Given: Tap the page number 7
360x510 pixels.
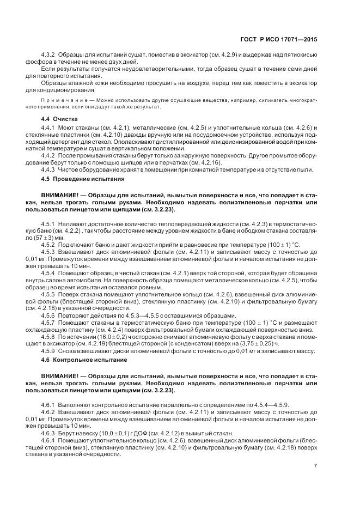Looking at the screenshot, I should click(x=316, y=465).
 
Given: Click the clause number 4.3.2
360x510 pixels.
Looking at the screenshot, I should click(x=48, y=56).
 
